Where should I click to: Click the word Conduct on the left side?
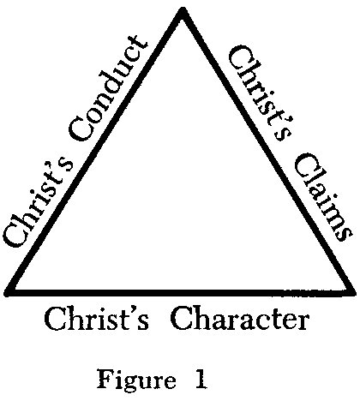(x=108, y=88)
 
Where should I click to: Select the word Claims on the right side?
(x=322, y=198)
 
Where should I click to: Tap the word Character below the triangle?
(x=240, y=318)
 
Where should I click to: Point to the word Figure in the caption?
(x=136, y=379)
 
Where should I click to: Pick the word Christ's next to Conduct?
(x=39, y=203)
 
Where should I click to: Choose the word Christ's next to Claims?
(x=260, y=93)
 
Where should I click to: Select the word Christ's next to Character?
(x=97, y=318)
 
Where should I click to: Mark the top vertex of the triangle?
(x=183, y=10)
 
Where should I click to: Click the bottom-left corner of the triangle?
(x=6, y=292)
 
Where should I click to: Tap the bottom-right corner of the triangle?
(x=353, y=292)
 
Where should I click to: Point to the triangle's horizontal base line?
(x=180, y=292)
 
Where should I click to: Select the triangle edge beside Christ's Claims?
(x=267, y=151)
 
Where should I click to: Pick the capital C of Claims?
(x=306, y=165)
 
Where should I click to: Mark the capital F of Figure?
(x=105, y=378)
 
